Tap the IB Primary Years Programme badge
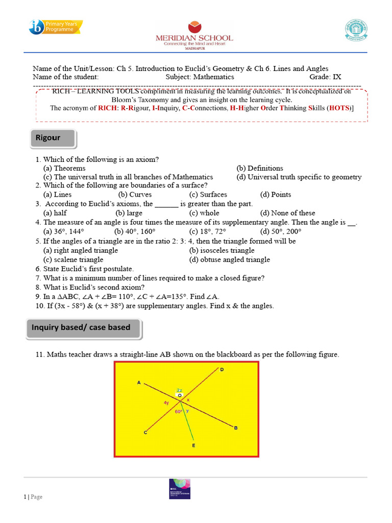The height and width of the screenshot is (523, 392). [56, 27]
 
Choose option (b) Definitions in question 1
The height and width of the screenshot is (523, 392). [259, 168]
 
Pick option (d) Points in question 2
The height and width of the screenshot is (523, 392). [275, 195]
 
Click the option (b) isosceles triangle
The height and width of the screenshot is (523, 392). [222, 250]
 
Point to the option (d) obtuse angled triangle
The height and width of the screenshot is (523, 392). [229, 259]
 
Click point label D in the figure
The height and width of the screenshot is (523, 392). [222, 369]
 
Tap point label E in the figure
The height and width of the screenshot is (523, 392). [193, 445]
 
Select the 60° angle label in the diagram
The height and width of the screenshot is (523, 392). [179, 411]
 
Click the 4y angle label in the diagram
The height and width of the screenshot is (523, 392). [166, 403]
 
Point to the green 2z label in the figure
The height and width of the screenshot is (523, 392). [179, 390]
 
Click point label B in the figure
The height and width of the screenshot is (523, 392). [236, 428]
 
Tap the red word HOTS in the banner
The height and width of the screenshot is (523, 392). [339, 108]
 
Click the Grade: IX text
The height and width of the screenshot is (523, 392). [325, 77]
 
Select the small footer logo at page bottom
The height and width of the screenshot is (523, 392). [179, 491]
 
